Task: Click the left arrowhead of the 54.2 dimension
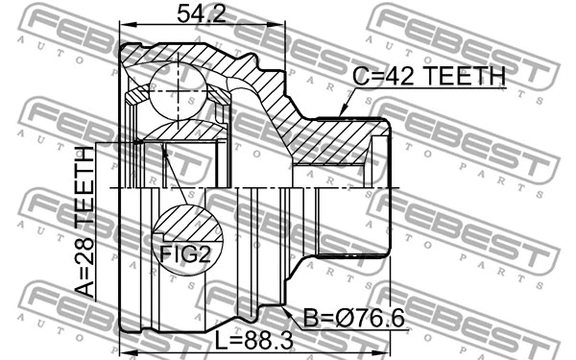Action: (122, 28)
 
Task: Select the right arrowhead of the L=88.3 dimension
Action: (386, 332)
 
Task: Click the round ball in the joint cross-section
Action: (179, 81)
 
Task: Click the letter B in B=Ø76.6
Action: (311, 318)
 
